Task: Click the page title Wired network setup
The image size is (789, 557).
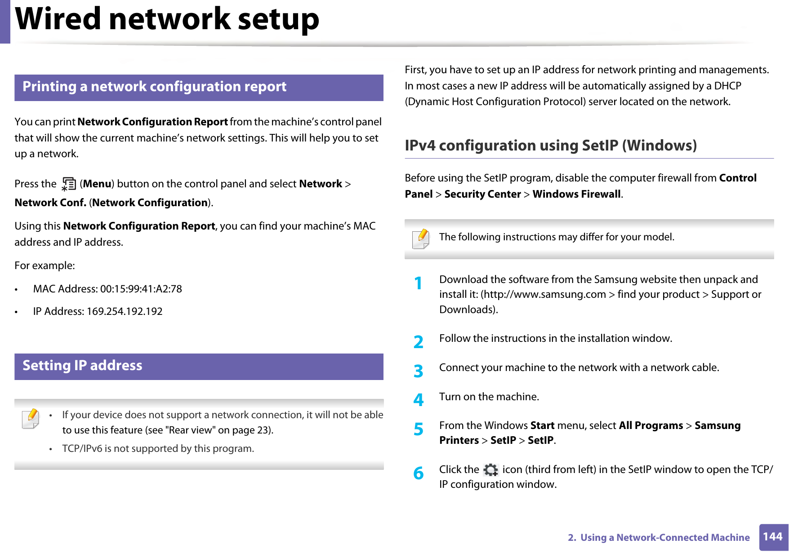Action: click(167, 20)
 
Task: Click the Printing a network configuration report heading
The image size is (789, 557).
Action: click(154, 87)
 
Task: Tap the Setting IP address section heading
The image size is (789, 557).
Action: click(82, 366)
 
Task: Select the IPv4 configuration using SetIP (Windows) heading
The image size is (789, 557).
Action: click(550, 146)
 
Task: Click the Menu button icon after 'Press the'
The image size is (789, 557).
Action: click(69, 184)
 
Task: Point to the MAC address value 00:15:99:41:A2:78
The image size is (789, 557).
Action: click(141, 289)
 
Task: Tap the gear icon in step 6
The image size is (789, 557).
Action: click(490, 470)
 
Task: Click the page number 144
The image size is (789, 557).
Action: click(772, 537)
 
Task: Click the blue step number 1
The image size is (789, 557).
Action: click(418, 283)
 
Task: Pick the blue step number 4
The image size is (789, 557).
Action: click(418, 399)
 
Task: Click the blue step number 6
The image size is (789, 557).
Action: click(418, 473)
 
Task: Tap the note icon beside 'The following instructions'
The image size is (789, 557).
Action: click(421, 239)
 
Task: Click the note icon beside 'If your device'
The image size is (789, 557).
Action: click(31, 419)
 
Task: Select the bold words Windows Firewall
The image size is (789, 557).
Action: click(576, 194)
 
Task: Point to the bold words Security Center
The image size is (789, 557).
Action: click(482, 194)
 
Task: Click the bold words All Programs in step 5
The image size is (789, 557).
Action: click(651, 425)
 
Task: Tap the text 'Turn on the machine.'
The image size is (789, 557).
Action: click(489, 397)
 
